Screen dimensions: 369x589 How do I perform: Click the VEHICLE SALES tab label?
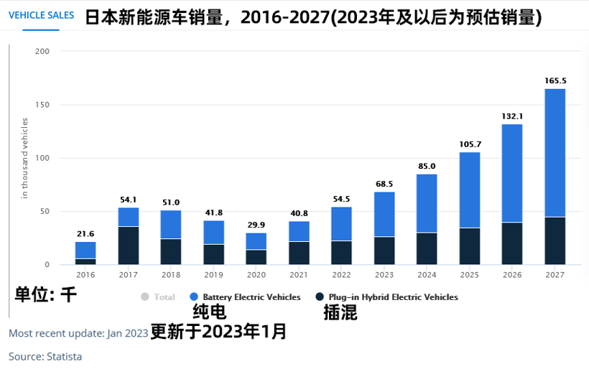pyautogui.click(x=41, y=15)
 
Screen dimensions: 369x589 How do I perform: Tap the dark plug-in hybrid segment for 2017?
pyautogui.click(x=128, y=246)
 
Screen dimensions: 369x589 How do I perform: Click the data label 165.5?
pyautogui.click(x=555, y=80)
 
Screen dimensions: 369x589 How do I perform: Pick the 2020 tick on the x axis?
pyautogui.click(x=256, y=274)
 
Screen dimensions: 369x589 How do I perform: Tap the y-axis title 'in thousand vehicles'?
pyautogui.click(x=24, y=158)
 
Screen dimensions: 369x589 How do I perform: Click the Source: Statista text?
pyautogui.click(x=45, y=356)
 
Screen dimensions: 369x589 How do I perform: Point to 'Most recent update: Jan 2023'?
pyautogui.click(x=78, y=333)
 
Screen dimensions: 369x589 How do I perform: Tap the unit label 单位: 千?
pyautogui.click(x=45, y=294)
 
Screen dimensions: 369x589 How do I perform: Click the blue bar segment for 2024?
pyautogui.click(x=427, y=203)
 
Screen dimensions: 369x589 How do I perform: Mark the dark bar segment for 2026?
pyautogui.click(x=511, y=243)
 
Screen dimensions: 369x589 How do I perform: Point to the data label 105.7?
pyautogui.click(x=469, y=144)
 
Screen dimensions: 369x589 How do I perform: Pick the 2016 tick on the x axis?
pyautogui.click(x=85, y=274)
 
